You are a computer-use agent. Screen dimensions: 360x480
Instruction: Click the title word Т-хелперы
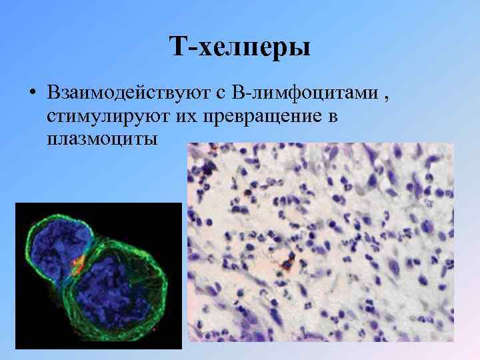point(239,47)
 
